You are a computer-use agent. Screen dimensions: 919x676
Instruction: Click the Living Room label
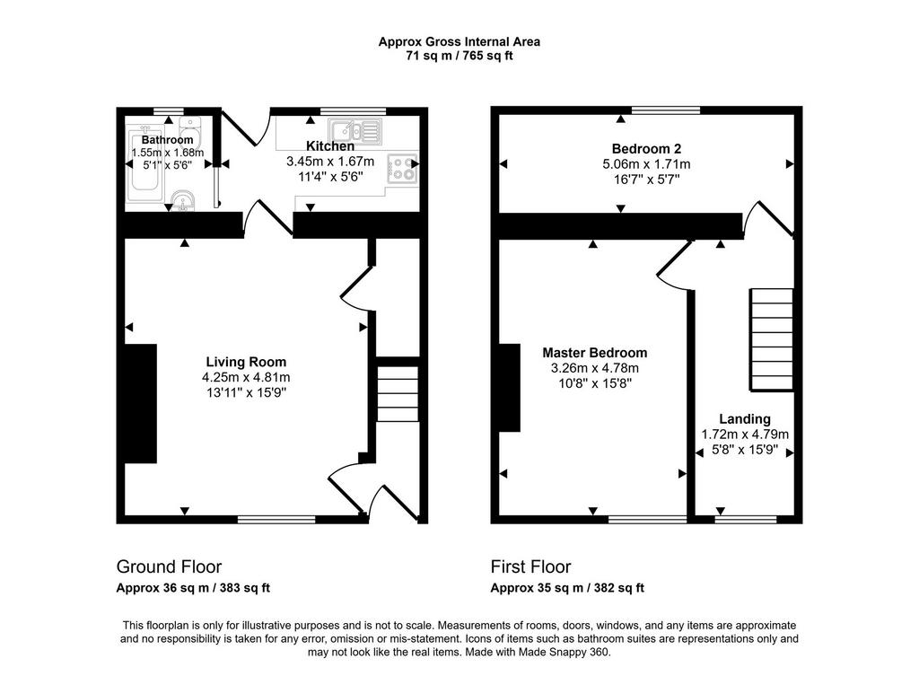[x=246, y=362]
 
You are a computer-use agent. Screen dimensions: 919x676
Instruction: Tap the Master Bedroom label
[x=595, y=353]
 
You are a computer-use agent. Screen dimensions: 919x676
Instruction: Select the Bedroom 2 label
[x=646, y=148]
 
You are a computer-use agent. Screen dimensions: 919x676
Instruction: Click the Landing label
[x=745, y=418]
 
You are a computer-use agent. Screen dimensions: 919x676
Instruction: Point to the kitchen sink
[x=354, y=131]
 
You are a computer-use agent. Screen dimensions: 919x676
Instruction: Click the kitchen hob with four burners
[x=402, y=168]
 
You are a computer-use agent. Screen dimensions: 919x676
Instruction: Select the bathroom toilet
[x=190, y=133]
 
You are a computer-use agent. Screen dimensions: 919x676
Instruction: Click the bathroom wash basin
[x=183, y=200]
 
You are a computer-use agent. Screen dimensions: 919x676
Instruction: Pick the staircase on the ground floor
[x=398, y=393]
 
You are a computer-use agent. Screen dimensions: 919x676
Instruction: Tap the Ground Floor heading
[x=169, y=566]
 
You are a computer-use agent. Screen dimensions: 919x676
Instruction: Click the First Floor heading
[x=530, y=566]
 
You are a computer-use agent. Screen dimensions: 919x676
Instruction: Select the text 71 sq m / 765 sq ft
[x=459, y=56]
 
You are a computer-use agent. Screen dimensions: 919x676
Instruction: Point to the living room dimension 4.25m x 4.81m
[x=246, y=377]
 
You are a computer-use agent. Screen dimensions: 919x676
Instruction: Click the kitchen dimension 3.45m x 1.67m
[x=330, y=161]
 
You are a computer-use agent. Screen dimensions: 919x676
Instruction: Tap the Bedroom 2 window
[x=666, y=110]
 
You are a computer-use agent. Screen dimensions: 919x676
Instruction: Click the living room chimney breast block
[x=141, y=403]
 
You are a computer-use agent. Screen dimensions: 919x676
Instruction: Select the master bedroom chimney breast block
[x=509, y=388]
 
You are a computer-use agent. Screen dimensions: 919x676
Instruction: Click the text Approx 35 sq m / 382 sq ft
[x=567, y=587]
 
